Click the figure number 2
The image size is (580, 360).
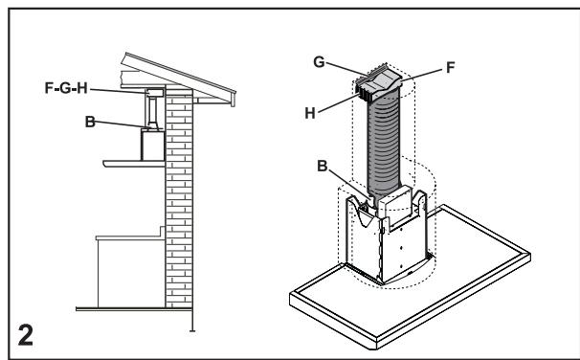point(20,338)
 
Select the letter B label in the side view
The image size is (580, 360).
point(91,122)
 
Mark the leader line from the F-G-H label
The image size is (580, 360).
point(124,93)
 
